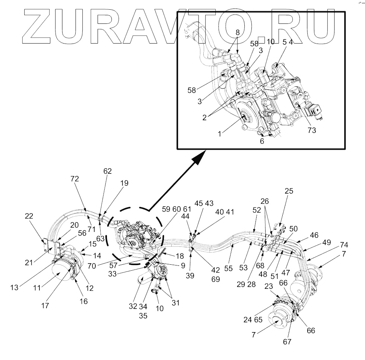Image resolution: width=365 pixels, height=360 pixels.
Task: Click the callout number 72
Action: point(74,179)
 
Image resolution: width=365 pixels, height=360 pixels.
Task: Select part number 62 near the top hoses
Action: point(107,172)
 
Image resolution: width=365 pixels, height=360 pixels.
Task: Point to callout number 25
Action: point(289,191)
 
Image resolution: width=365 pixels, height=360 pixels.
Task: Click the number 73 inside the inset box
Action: point(311,130)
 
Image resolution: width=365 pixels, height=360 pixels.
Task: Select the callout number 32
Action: point(133,306)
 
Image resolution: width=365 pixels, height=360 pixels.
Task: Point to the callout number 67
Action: point(287,342)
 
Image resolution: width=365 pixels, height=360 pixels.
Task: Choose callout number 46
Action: point(314,235)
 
